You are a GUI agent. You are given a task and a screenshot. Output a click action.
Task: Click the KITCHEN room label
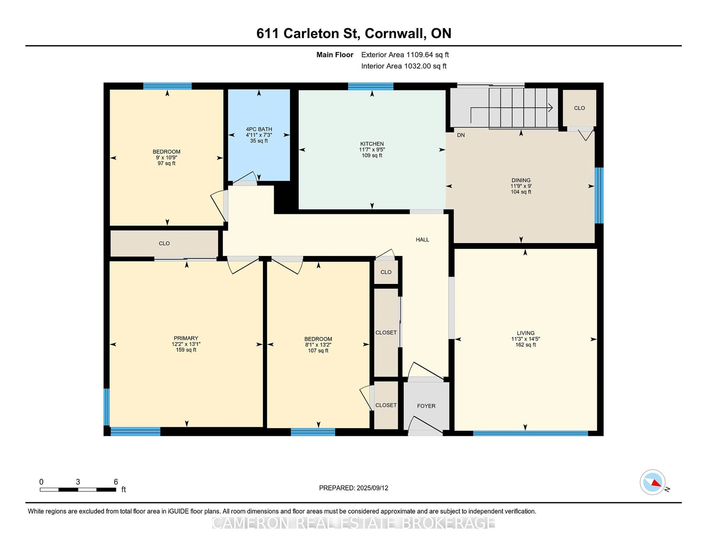point(372,144)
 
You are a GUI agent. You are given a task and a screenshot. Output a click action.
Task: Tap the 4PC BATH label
point(259,129)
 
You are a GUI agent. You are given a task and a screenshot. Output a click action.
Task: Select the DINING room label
point(521,180)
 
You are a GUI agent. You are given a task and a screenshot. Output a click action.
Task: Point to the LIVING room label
point(525,333)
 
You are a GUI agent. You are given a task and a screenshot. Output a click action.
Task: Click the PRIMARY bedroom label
point(186,338)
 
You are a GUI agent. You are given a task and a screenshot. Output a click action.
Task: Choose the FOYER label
point(426,406)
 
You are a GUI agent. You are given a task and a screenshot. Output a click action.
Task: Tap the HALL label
point(423,239)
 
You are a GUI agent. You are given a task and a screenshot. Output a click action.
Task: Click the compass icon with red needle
point(653,482)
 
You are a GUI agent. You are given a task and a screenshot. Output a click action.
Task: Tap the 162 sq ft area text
point(525,344)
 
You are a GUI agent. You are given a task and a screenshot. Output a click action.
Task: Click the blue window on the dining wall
point(599,195)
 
